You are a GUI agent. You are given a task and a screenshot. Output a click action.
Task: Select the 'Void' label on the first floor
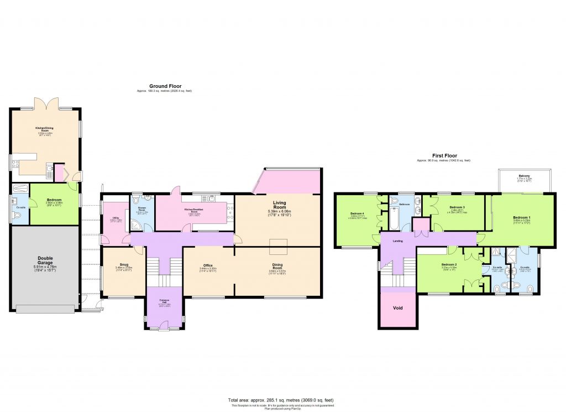coord(397,307)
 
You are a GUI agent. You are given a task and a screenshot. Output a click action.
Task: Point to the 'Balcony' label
coord(523,176)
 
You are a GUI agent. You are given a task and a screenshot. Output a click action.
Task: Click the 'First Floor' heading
coord(443,156)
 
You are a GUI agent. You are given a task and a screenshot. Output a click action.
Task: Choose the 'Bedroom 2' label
coord(449,265)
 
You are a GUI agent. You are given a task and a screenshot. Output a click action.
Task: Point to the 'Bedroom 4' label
coord(356,214)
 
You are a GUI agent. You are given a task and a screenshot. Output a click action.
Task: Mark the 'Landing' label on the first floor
coord(397,241)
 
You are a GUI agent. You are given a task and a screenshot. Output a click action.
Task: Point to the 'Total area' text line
coord(280,400)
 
